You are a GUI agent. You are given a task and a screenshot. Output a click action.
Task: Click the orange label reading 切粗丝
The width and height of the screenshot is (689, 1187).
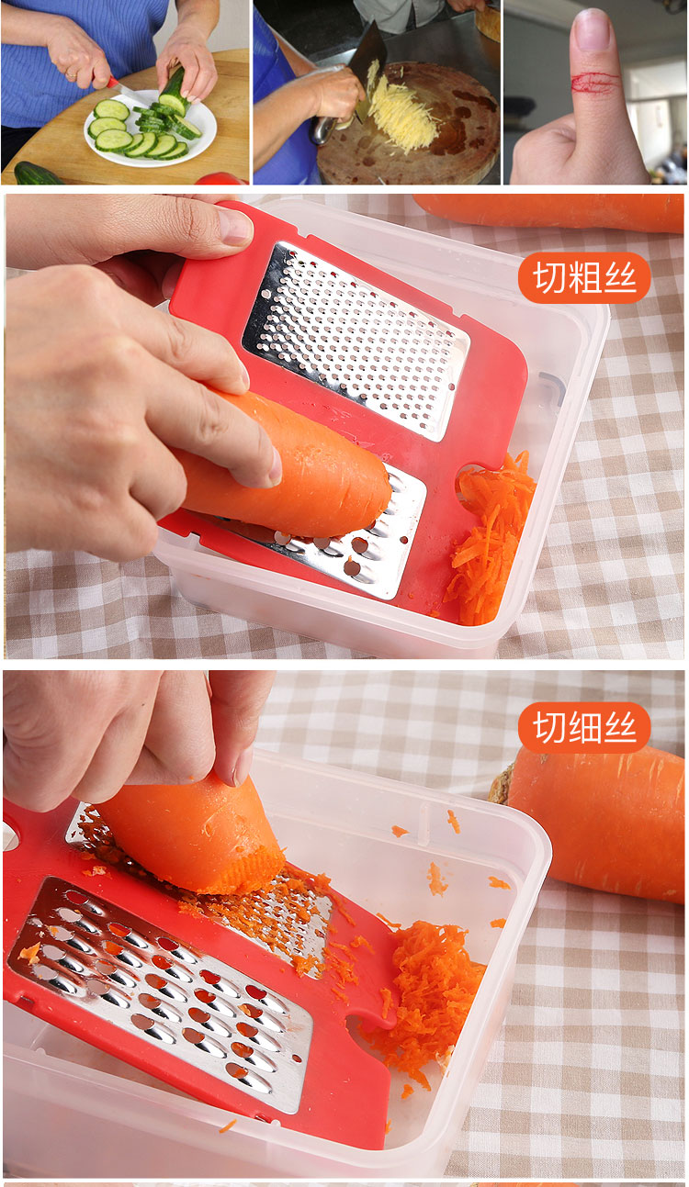[584, 277]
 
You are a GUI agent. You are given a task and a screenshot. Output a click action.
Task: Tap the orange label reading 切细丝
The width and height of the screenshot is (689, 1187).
[584, 727]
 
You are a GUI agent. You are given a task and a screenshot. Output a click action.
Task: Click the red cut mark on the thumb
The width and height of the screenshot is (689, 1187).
[595, 82]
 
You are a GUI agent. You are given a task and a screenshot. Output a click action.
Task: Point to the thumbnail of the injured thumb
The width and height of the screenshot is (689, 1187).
[593, 29]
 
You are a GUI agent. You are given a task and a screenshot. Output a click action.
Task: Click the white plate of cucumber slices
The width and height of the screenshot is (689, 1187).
[150, 129]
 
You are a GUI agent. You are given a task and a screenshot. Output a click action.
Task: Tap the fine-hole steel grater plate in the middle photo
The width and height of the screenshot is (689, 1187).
[356, 340]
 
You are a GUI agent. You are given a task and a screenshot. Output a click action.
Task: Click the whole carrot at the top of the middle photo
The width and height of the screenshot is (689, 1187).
[549, 213]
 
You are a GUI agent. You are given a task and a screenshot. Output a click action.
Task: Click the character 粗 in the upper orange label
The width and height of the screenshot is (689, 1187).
[584, 277]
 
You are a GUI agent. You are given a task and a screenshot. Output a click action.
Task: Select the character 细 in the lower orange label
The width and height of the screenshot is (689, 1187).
[584, 727]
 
